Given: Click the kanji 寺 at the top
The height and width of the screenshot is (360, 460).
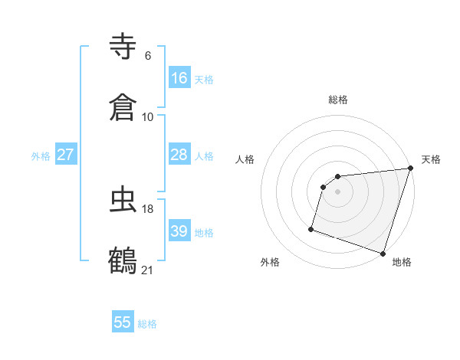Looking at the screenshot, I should tap(123, 46).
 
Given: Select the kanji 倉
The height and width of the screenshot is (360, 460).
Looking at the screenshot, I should tap(123, 107).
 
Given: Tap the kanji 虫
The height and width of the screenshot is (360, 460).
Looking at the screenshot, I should tap(123, 199).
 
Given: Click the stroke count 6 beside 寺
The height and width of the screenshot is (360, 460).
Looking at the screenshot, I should tap(148, 56).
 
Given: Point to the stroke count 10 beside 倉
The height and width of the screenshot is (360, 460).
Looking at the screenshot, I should tap(148, 117).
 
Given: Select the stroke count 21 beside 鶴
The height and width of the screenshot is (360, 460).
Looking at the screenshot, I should tap(148, 270).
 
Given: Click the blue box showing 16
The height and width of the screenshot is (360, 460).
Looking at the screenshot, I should tap(179, 78).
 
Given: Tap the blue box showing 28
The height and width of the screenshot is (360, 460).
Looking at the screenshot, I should tap(179, 155).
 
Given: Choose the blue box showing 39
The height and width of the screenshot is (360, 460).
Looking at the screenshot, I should tap(179, 231).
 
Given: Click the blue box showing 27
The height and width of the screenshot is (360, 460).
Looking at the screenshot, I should tap(66, 155).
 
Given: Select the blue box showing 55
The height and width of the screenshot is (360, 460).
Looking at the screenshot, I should tap(123, 322).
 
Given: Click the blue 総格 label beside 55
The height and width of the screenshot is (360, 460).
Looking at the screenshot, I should tap(147, 324).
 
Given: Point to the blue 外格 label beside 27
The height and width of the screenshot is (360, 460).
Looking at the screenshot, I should tap(41, 156).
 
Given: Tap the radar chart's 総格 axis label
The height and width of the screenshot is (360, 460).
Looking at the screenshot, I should tap(338, 100).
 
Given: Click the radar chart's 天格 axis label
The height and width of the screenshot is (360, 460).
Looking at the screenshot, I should tap(431, 159).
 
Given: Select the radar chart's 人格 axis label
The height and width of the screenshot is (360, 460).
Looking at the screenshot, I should tap(245, 159).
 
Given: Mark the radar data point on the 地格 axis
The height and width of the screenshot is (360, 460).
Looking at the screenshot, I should tap(383, 253).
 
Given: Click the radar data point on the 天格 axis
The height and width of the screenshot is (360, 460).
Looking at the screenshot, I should tap(411, 169).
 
